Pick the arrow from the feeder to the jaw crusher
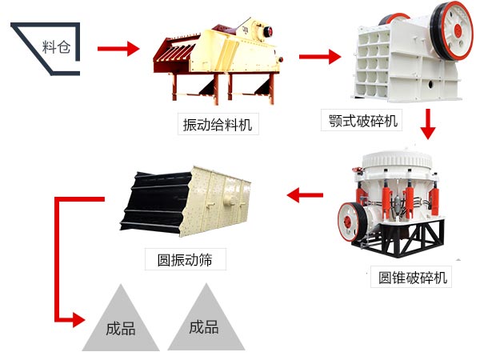click(319, 57)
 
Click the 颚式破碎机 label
click(364, 122)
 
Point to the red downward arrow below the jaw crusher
click(429, 125)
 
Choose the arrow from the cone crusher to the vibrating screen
click(305, 193)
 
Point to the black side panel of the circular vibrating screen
click(152, 200)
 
